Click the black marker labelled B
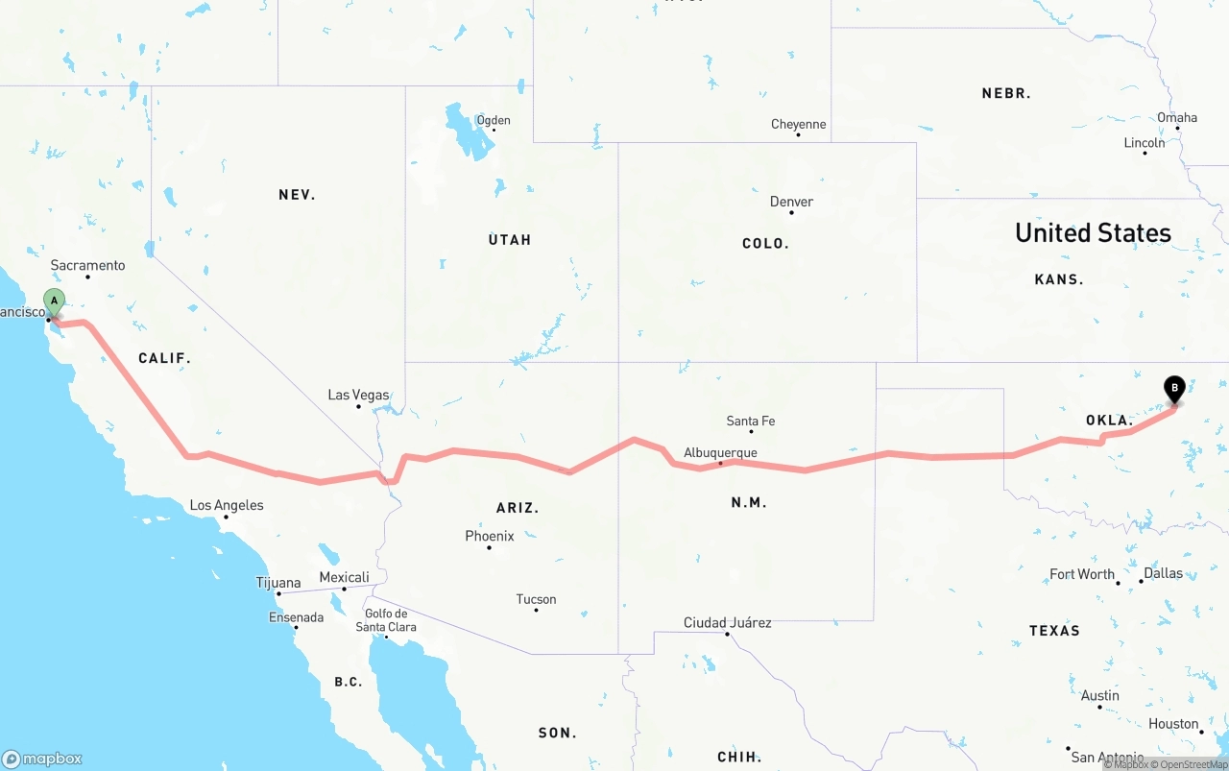1173,389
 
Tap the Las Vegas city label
358,395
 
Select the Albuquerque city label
720,453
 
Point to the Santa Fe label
750,421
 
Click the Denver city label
791,202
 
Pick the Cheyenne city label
798,124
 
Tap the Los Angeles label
227,505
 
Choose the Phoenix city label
490,536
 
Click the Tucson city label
536,599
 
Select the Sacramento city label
87,265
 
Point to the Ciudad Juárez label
727,622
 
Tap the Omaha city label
1176,117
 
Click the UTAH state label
510,239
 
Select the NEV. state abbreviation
297,195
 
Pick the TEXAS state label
1054,631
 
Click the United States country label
1093,232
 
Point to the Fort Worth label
1082,574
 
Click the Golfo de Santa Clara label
386,620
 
